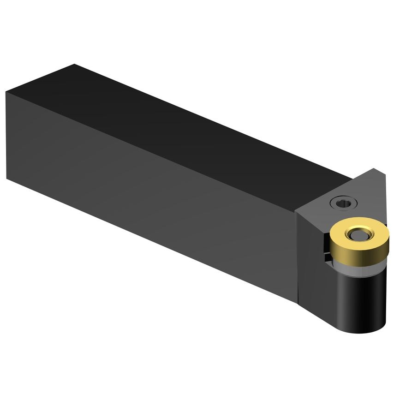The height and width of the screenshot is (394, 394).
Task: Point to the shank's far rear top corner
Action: (x=74, y=65)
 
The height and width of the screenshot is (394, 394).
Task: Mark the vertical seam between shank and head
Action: (x=297, y=258)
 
